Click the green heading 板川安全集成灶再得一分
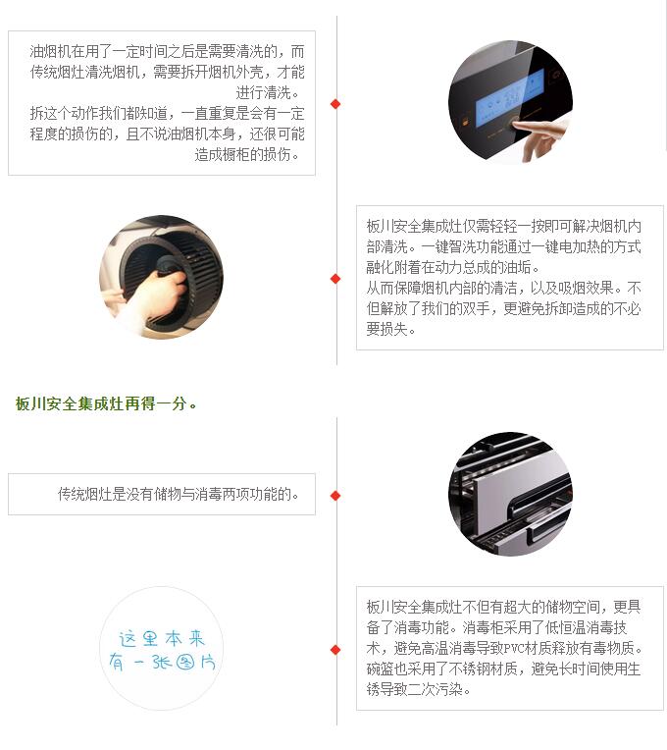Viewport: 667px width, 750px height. [x=105, y=404]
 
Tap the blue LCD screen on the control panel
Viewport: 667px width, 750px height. [x=510, y=98]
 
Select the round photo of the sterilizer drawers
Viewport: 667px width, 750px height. [x=510, y=494]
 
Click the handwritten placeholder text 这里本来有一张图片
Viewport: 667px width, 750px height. [x=162, y=651]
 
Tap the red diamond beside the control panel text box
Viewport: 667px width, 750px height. [x=335, y=104]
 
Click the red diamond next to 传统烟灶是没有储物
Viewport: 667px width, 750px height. [x=335, y=496]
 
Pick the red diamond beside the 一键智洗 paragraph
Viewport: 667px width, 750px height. [x=335, y=279]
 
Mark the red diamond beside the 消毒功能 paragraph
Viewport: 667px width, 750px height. [x=335, y=650]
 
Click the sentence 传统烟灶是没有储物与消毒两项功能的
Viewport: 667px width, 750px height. [x=178, y=494]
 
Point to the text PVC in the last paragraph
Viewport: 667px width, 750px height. [x=514, y=649]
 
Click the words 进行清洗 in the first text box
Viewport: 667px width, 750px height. [x=263, y=92]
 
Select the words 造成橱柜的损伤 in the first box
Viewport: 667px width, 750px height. [x=242, y=154]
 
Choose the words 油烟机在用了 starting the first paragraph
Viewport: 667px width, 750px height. [x=71, y=51]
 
